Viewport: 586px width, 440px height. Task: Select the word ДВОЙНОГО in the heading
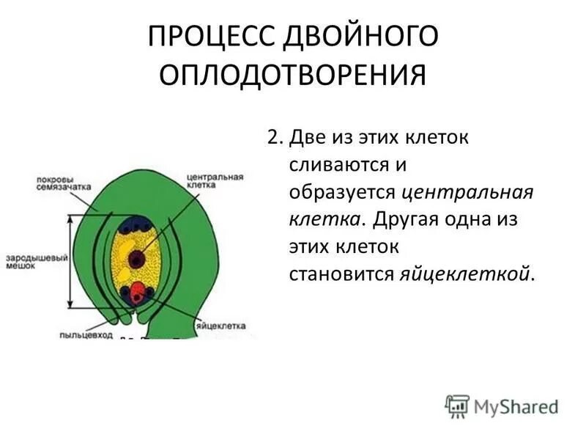(360, 36)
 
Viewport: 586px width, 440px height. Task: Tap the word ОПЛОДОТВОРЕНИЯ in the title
(292, 76)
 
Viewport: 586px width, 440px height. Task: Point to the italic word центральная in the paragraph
(467, 193)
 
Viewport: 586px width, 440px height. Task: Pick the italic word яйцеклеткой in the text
(465, 274)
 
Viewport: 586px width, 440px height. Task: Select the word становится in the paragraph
(341, 274)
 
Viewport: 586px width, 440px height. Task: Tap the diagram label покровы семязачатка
(64, 183)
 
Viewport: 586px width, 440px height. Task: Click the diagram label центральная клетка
(215, 180)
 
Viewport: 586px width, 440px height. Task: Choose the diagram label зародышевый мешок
(37, 262)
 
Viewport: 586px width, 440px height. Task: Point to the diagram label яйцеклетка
(221, 326)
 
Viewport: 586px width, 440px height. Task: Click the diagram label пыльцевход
(86, 335)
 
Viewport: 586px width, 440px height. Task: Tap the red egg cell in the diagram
(137, 291)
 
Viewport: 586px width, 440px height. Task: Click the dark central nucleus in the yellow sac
(136, 259)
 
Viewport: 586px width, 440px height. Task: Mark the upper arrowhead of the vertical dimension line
(70, 219)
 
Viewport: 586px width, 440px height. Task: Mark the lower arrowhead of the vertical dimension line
(70, 304)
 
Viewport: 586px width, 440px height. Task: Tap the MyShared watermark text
(516, 407)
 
